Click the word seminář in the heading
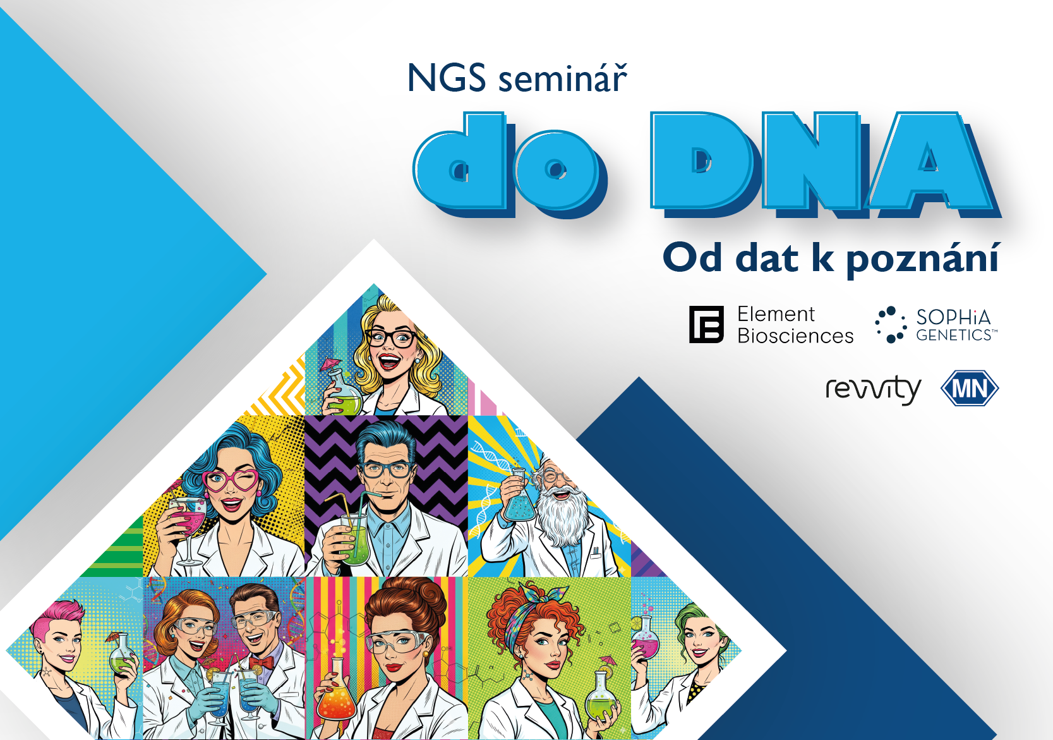coord(563,77)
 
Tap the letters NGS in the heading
coord(447,77)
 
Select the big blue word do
coord(510,164)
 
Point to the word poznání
coord(923,259)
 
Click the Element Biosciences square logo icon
coord(706,324)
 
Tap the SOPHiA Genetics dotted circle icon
coord(891,324)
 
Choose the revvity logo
coord(873,390)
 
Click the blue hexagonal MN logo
coord(970,389)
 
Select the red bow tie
coord(262,663)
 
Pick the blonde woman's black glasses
coord(390,338)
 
